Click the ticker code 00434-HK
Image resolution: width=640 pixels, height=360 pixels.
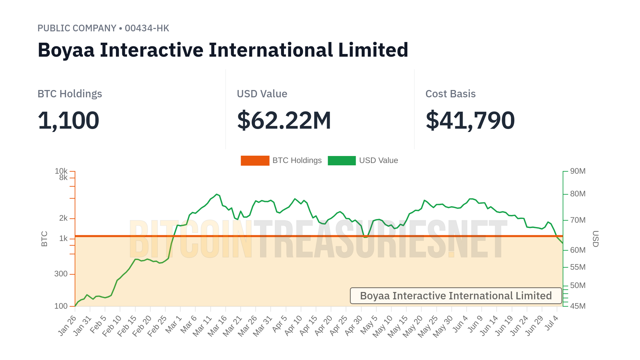[x=147, y=28]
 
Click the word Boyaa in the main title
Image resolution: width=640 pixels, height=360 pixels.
[x=66, y=50]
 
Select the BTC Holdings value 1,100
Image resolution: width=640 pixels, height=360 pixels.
[x=68, y=120]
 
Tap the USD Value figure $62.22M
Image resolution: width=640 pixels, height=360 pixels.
[x=284, y=120]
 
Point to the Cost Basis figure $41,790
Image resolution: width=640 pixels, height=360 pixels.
[x=470, y=120]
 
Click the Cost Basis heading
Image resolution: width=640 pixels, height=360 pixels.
[x=450, y=94]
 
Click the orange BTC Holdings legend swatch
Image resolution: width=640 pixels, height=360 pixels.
[x=255, y=161]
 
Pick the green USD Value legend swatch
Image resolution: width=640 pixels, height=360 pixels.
[x=342, y=161]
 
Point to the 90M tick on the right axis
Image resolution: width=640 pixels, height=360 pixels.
[x=578, y=171]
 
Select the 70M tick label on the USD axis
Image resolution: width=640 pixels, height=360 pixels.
[x=578, y=220]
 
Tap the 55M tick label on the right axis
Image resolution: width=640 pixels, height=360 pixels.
[x=578, y=267]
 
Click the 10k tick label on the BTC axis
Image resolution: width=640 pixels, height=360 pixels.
[x=61, y=171]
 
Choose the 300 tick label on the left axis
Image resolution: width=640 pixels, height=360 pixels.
[x=61, y=274]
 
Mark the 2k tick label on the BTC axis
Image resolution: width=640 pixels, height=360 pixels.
[x=63, y=218]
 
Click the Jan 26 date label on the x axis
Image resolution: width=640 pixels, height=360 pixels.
[x=68, y=325]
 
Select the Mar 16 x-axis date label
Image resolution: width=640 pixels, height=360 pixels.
[x=217, y=325]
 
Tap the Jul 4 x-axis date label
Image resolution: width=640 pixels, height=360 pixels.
[x=552, y=323]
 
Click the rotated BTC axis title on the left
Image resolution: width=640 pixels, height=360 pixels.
[x=44, y=239]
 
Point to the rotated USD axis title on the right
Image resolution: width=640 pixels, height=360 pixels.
[x=595, y=239]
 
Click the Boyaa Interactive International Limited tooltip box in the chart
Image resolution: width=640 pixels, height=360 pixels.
[x=456, y=296]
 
